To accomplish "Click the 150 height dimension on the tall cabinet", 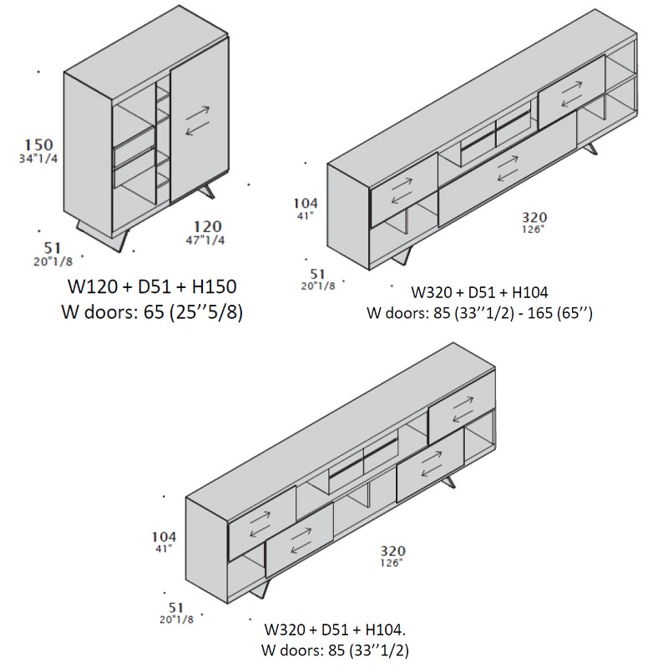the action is [38, 144].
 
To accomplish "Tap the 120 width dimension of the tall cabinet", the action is [207, 225].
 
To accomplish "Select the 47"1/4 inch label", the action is [205, 240].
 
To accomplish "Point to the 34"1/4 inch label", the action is [38, 159].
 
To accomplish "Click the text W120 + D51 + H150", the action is [152, 286].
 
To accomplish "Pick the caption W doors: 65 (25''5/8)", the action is [152, 312].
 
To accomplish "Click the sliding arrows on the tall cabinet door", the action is [198, 121].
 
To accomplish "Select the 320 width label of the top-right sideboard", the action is [534, 217].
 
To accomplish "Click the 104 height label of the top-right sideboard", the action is [306, 203].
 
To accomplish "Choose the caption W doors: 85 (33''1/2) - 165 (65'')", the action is [479, 313].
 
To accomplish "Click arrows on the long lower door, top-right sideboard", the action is [508, 169].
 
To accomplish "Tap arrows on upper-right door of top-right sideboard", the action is [572, 94].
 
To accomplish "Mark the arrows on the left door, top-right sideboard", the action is [402, 190].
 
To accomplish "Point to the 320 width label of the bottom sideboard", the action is [392, 551].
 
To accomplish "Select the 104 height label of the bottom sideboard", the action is [164, 537].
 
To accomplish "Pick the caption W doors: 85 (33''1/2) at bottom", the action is [335, 650].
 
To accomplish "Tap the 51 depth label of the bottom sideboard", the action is [176, 608].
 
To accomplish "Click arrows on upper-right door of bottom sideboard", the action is [463, 409].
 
